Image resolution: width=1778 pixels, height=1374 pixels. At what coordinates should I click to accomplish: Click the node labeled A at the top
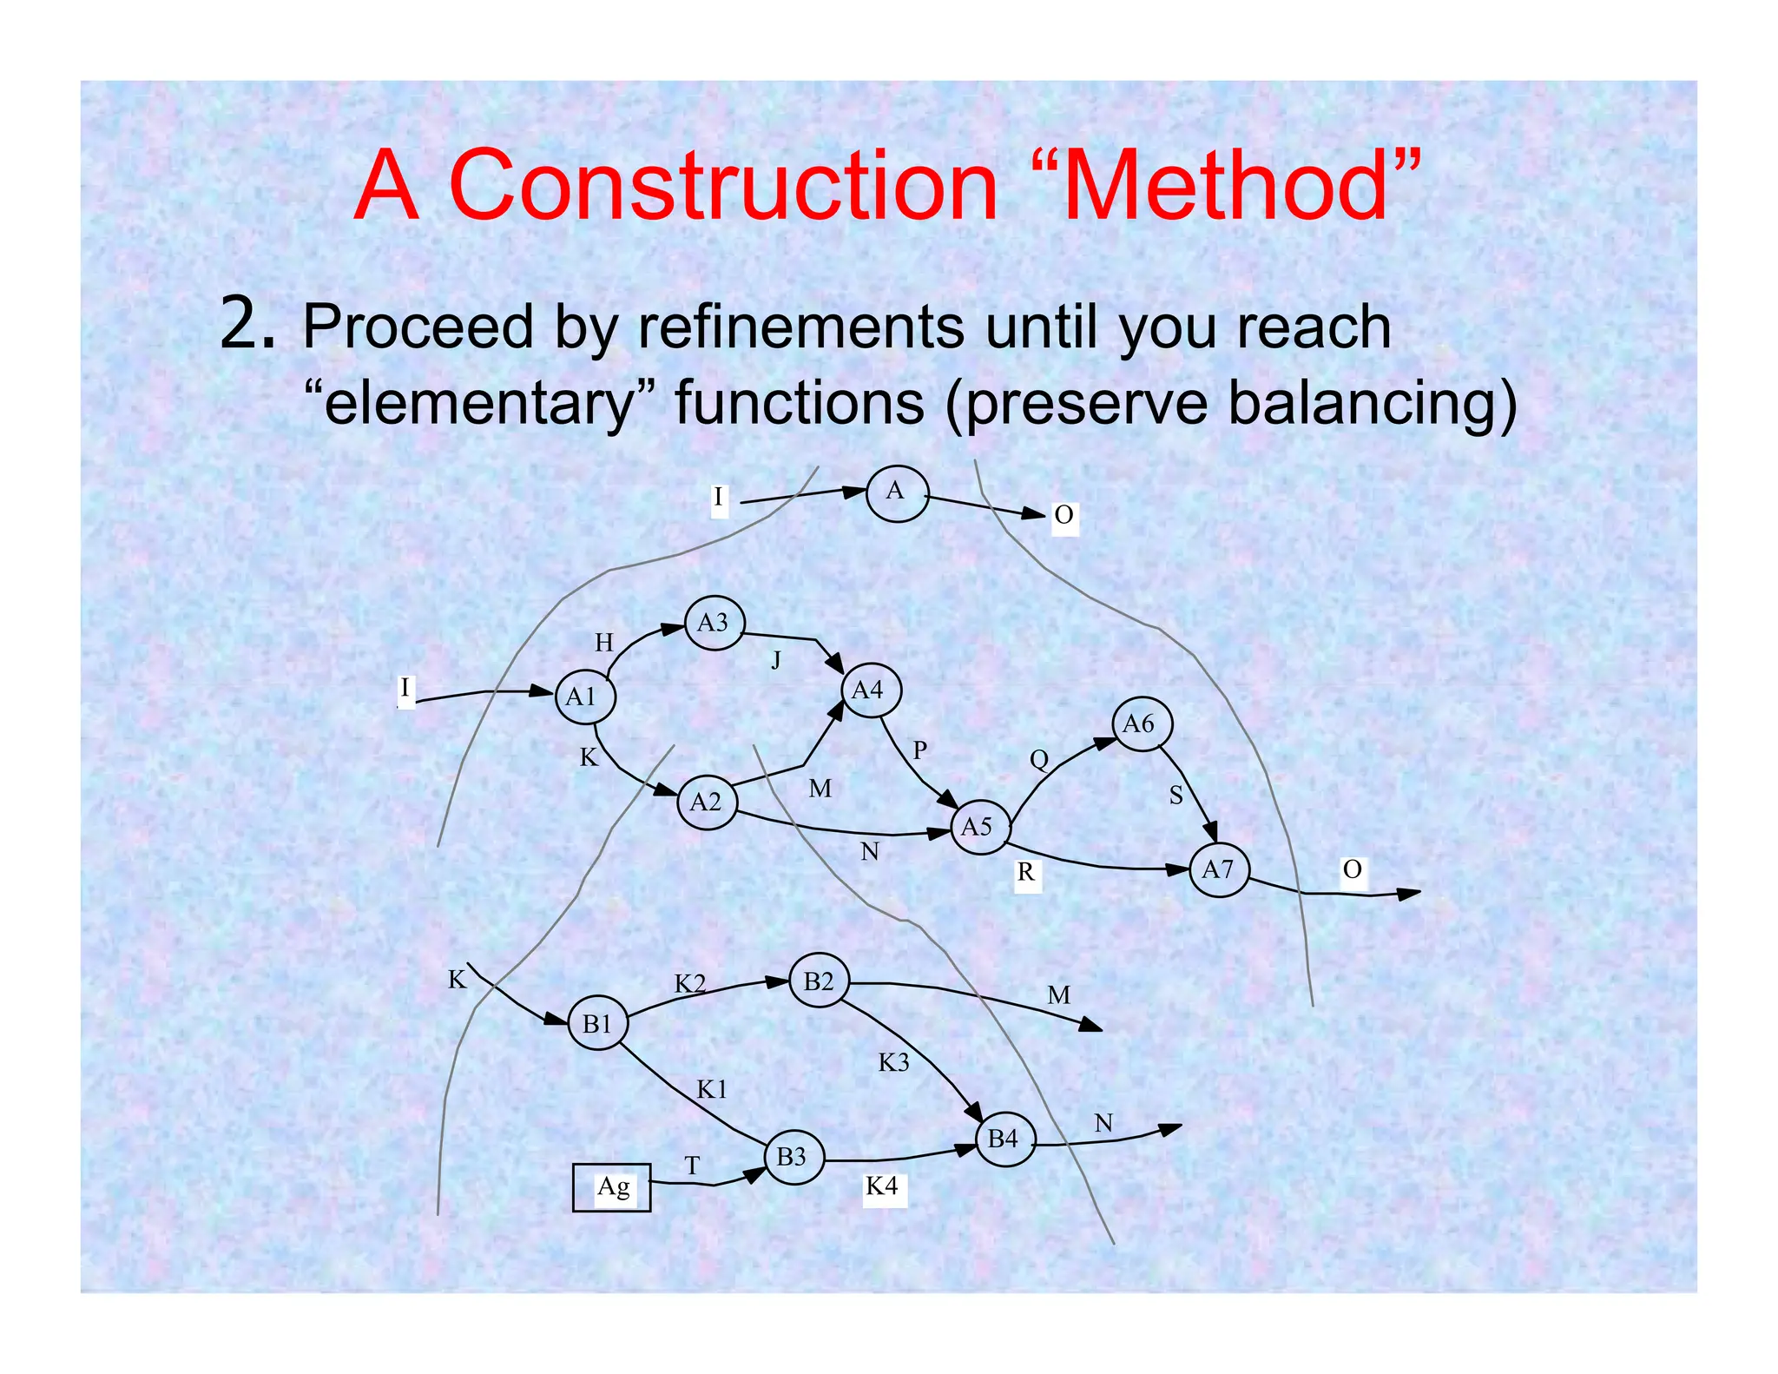897,493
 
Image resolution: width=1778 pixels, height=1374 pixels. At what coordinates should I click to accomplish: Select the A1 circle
585,697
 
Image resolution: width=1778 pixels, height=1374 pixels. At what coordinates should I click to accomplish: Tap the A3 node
714,623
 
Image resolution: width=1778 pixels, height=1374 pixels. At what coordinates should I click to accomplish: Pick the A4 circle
871,690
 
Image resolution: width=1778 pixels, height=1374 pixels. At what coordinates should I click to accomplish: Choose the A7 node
1219,869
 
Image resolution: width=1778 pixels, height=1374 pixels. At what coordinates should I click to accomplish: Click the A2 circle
707,803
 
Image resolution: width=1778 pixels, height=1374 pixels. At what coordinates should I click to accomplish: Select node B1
598,1024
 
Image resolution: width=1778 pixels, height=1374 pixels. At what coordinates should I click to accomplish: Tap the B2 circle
819,981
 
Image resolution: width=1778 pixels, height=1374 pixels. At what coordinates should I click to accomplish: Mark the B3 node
794,1157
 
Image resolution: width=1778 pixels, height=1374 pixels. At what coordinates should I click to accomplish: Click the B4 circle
1005,1139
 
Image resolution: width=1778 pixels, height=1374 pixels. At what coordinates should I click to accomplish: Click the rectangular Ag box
612,1187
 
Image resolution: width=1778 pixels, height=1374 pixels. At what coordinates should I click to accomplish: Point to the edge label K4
882,1186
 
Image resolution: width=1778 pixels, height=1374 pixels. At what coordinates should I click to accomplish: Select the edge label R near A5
1026,872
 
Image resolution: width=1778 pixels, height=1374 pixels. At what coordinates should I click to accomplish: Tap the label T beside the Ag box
692,1166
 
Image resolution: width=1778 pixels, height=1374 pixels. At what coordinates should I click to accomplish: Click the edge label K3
893,1062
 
